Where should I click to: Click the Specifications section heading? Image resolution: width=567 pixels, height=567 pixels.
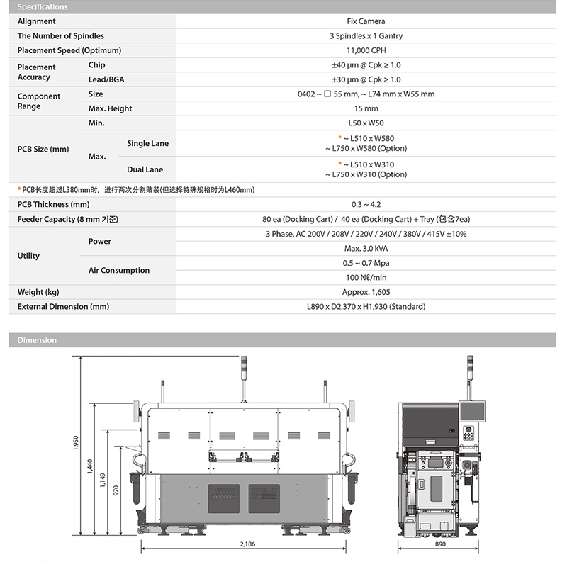(x=43, y=7)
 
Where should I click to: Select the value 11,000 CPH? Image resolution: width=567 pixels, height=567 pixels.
(x=366, y=51)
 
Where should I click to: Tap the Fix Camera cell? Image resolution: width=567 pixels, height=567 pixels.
(x=366, y=22)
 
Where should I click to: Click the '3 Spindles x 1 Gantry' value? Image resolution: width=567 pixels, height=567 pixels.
(x=366, y=36)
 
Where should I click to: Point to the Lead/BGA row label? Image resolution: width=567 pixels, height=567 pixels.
(x=106, y=80)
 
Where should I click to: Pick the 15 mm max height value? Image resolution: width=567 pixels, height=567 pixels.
(x=366, y=109)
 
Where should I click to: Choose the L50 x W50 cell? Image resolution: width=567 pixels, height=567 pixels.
(x=366, y=123)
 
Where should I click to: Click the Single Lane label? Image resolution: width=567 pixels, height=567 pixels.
(x=147, y=144)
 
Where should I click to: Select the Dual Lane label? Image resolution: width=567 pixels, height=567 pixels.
(x=145, y=170)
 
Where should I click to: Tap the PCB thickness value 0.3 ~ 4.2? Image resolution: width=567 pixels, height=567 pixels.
(x=366, y=205)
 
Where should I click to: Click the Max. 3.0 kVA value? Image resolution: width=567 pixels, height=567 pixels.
(x=366, y=249)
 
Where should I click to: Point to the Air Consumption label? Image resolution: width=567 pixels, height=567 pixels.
(x=119, y=271)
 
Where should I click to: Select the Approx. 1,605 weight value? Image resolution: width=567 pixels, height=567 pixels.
(x=366, y=292)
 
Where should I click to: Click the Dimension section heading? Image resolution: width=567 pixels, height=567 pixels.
(x=37, y=340)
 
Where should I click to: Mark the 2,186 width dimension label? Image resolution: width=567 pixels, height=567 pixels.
(x=247, y=544)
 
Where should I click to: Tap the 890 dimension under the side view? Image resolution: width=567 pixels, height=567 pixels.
(x=440, y=544)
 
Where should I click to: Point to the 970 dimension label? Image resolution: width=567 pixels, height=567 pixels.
(x=116, y=489)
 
